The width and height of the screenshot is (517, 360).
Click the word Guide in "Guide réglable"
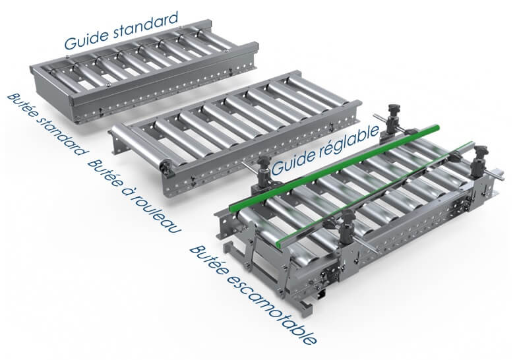(x=293, y=164)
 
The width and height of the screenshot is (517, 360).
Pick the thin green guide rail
(x=375, y=194)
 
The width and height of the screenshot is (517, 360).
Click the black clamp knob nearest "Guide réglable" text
(x=264, y=164)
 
